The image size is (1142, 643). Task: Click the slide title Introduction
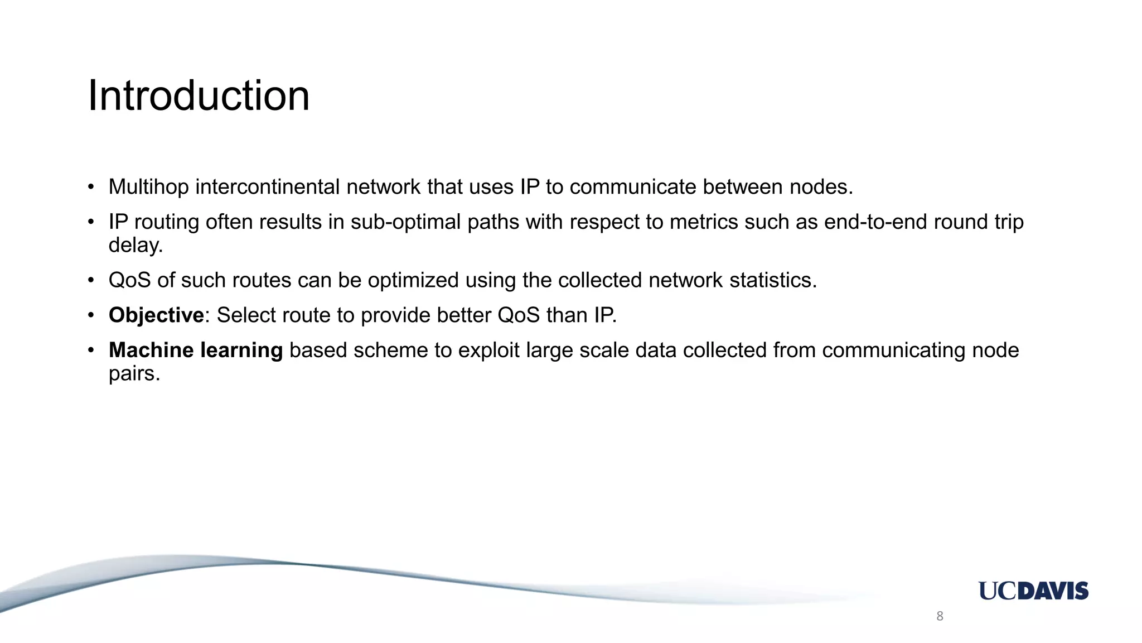199,95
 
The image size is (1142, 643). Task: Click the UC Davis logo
1033,591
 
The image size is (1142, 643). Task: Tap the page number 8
940,616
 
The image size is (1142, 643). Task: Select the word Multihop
148,187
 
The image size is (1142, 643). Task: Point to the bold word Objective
156,315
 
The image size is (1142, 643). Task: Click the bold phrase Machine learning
196,351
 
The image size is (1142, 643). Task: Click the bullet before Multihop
91,187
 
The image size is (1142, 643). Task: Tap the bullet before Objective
91,315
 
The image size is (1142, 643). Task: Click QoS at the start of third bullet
129,280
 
